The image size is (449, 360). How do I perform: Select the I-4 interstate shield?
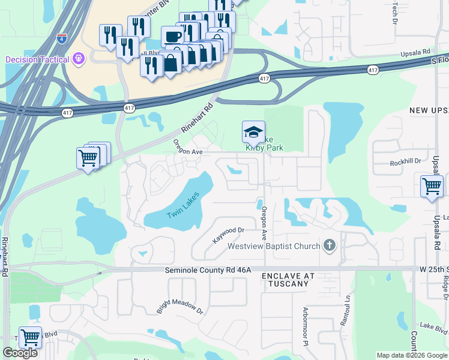(x=61, y=38)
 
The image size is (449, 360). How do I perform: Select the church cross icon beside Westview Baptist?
(x=329, y=245)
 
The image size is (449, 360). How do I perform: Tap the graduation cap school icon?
(x=253, y=131)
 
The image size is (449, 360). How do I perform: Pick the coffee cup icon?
(x=172, y=37)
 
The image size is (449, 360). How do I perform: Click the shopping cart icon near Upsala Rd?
(x=432, y=186)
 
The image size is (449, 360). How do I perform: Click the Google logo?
(x=20, y=353)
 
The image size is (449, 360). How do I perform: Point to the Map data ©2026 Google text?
(x=412, y=355)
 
